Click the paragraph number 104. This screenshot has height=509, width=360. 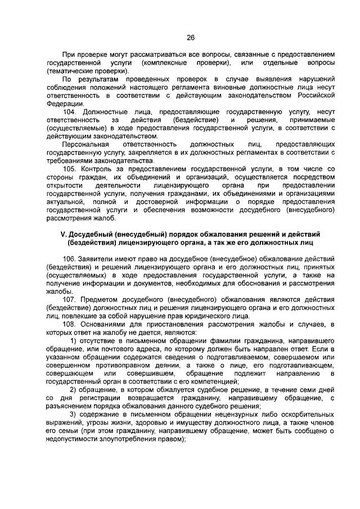pos(70,112)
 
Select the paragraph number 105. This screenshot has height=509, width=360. pos(70,169)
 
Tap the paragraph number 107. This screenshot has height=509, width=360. pos(70,299)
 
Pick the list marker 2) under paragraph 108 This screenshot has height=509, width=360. pos(73,390)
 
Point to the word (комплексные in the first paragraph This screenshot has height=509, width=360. pos(166,62)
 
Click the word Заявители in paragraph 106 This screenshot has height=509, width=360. pos(97,258)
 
